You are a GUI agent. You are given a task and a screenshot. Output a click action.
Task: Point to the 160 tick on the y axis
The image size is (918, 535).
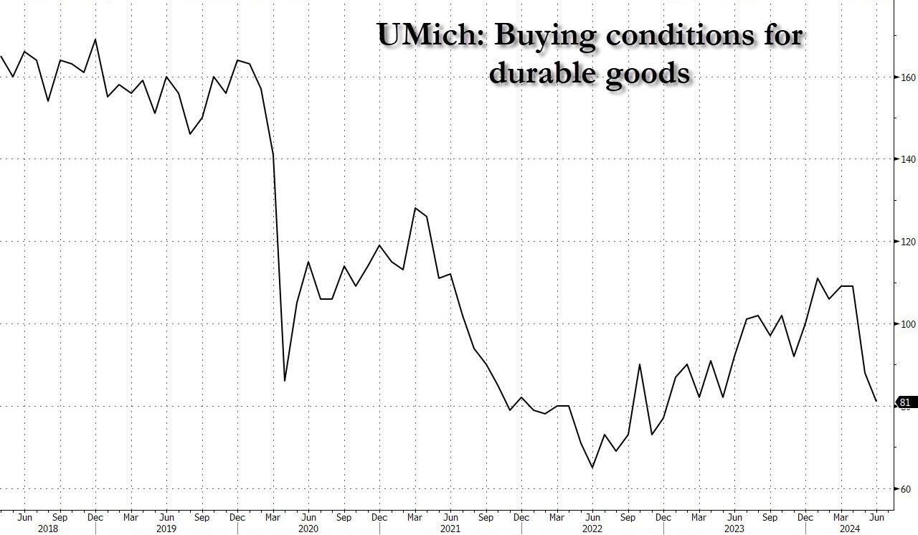tap(904, 77)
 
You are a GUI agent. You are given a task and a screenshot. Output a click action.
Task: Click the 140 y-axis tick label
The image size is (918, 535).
tap(904, 159)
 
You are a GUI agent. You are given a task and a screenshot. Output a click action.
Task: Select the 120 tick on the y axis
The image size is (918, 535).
tap(904, 242)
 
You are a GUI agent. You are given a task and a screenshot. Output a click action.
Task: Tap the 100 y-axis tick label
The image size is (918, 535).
tap(904, 324)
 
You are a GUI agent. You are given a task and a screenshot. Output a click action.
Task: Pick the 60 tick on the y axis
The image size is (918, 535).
tap(904, 489)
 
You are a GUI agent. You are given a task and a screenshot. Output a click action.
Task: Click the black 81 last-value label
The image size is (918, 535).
tap(904, 402)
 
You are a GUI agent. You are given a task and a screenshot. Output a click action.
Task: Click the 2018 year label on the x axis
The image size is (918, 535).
tap(48, 529)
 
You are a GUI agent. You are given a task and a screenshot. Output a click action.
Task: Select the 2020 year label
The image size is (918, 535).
tap(308, 529)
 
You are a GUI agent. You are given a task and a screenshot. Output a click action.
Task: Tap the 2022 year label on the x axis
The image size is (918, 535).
tap(592, 529)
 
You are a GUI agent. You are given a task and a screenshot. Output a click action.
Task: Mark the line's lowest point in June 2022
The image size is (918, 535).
tap(592, 468)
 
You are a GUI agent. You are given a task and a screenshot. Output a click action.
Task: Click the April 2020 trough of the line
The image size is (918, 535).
tap(285, 381)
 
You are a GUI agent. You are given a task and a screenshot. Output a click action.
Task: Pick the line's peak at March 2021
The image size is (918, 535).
tap(415, 208)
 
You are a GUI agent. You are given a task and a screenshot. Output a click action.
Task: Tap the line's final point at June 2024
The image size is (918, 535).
tap(876, 402)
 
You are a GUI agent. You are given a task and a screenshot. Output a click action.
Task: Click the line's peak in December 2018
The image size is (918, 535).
tap(95, 39)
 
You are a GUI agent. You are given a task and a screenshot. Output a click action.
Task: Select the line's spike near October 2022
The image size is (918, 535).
tap(639, 364)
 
